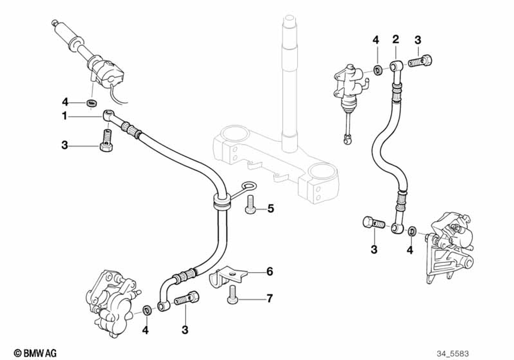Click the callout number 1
pyautogui.click(x=65, y=117)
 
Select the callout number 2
pyautogui.click(x=395, y=39)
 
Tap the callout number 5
pyautogui.click(x=271, y=209)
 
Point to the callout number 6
pyautogui.click(x=269, y=272)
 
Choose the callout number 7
pyautogui.click(x=269, y=298)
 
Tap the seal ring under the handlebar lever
pyautogui.click(x=93, y=103)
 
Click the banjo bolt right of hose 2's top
pyautogui.click(x=421, y=63)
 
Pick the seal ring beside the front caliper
pyautogui.click(x=147, y=310)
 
